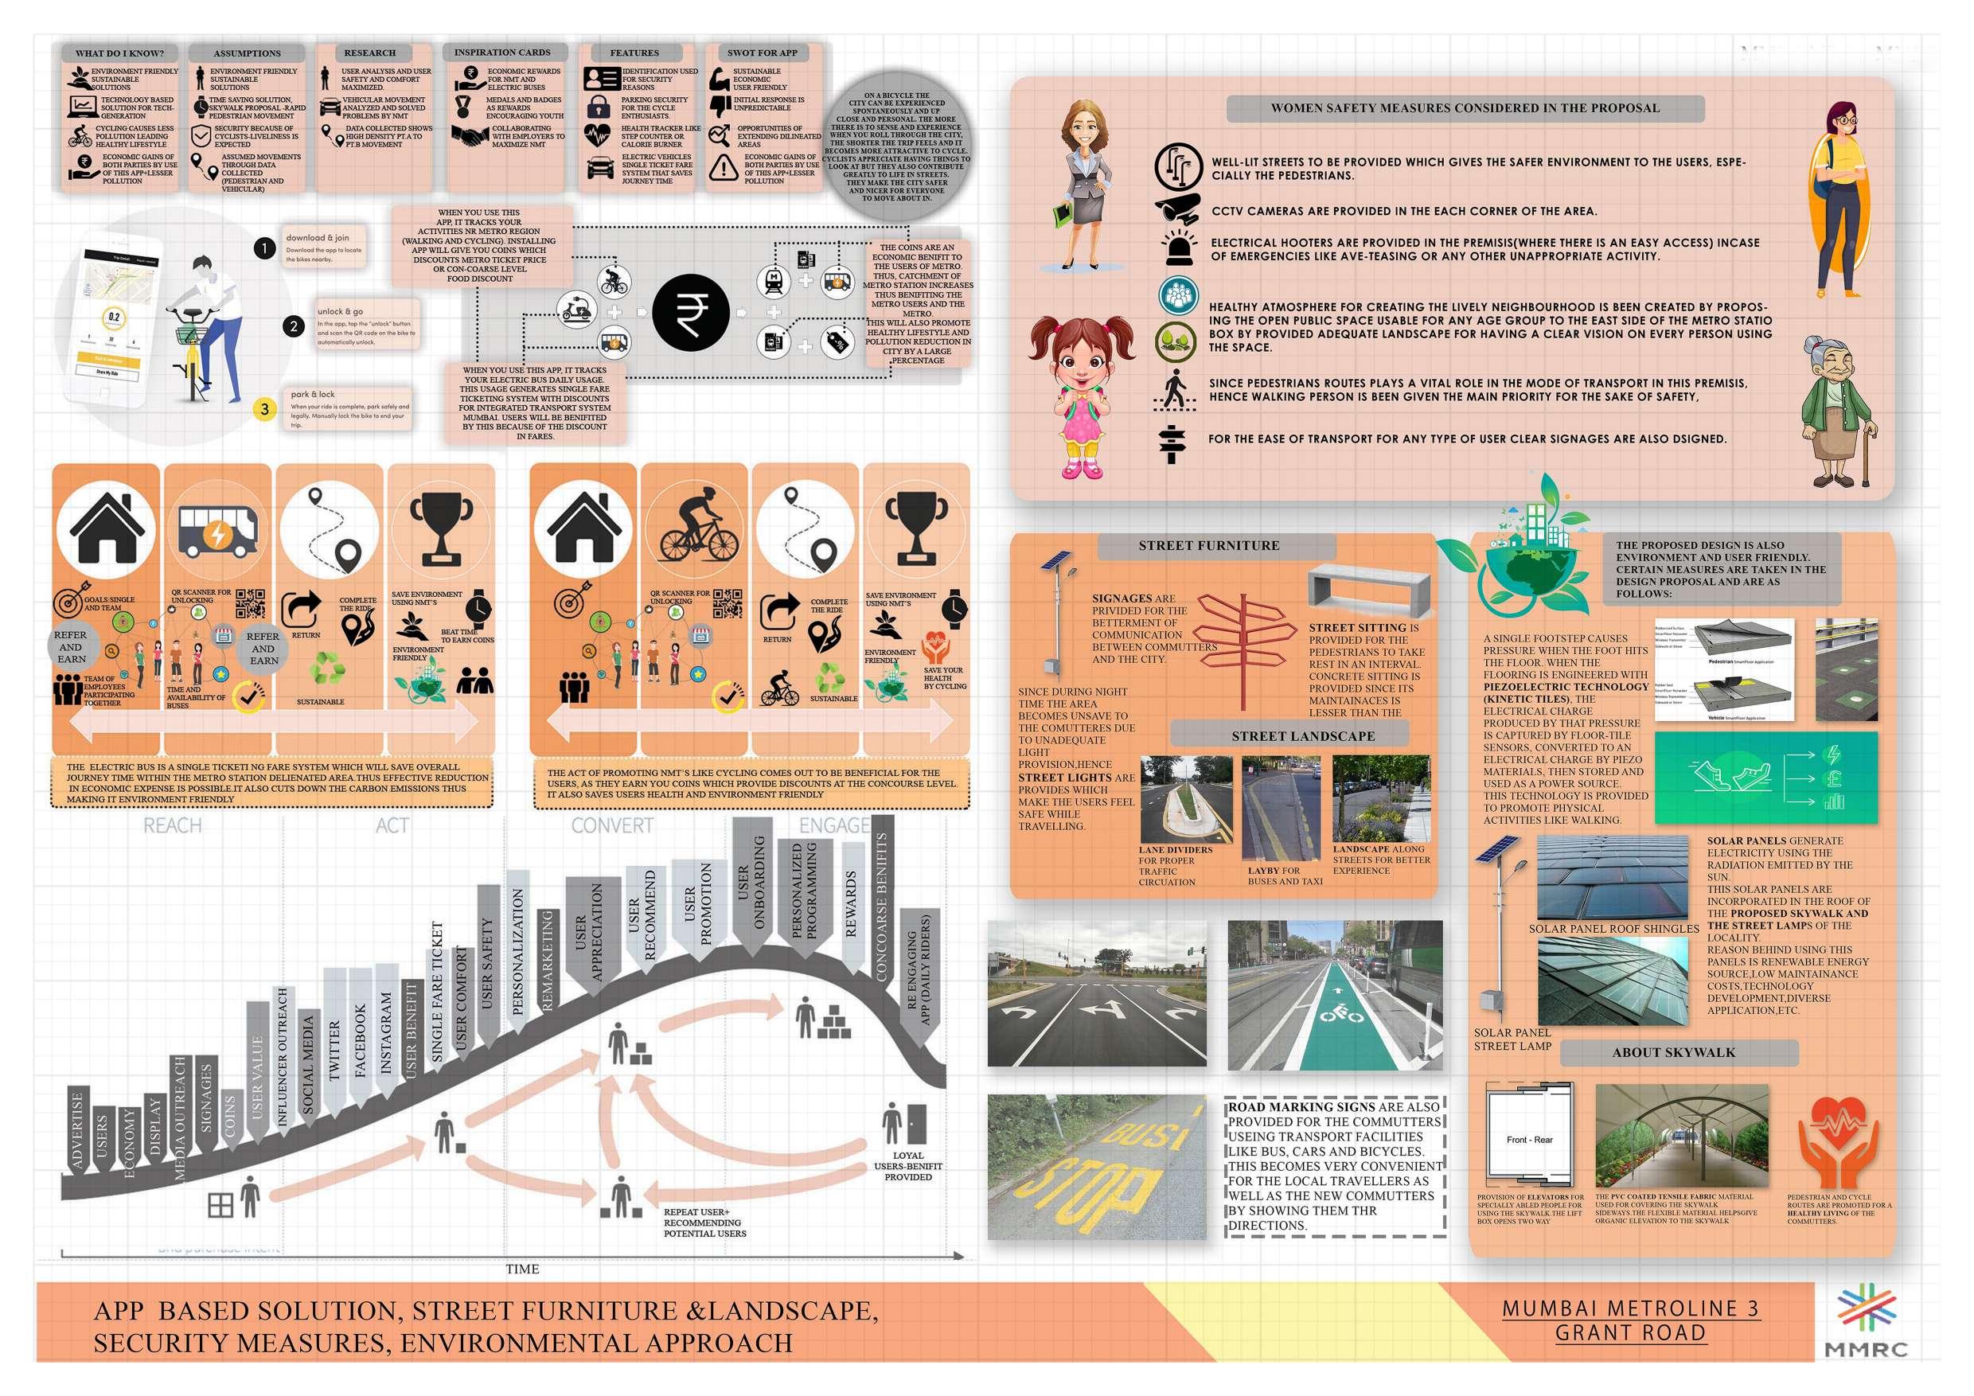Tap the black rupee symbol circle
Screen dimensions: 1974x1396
pyautogui.click(x=690, y=312)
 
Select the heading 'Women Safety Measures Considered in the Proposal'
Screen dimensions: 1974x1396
pyautogui.click(x=1465, y=108)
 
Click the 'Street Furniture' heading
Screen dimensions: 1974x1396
pyautogui.click(x=1208, y=546)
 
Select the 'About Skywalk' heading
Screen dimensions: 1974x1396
pyautogui.click(x=1673, y=1052)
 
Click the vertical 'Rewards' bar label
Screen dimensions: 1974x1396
pyautogui.click(x=851, y=903)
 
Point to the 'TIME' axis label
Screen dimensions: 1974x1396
pyautogui.click(x=522, y=1269)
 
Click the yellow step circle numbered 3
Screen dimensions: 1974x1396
pyautogui.click(x=265, y=409)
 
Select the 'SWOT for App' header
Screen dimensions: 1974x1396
pyautogui.click(x=762, y=53)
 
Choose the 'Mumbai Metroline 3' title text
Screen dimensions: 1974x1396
pyautogui.click(x=1630, y=1309)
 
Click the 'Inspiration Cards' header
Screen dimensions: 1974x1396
pyautogui.click(x=501, y=53)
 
